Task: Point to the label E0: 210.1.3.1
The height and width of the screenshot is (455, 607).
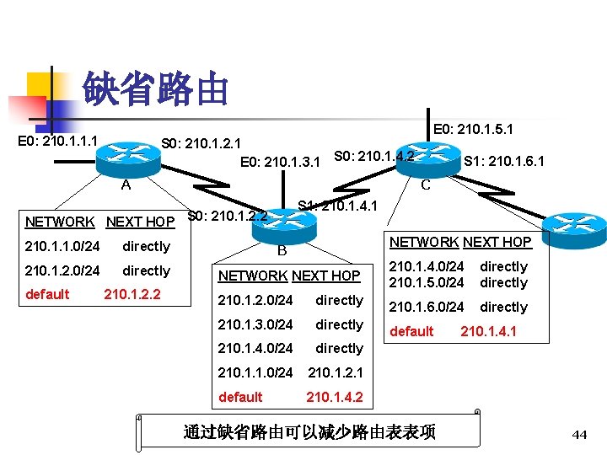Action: point(280,161)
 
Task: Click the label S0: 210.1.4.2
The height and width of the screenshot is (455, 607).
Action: point(373,156)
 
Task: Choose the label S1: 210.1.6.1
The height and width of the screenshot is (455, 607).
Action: point(504,160)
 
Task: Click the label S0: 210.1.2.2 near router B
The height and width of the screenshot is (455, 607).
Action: point(227,216)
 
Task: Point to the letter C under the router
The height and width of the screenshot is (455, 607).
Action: point(426,185)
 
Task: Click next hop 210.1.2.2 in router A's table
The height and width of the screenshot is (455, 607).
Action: point(132,295)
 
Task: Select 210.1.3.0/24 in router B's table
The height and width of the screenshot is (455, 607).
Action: point(255,324)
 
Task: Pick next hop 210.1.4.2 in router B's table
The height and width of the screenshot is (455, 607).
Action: point(335,397)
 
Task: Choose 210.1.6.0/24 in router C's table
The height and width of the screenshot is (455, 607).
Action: point(426,307)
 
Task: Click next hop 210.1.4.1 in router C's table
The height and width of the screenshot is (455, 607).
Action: point(489,331)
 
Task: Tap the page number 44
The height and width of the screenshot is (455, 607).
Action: point(579,434)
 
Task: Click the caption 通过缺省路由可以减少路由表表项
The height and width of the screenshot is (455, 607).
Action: point(309,432)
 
